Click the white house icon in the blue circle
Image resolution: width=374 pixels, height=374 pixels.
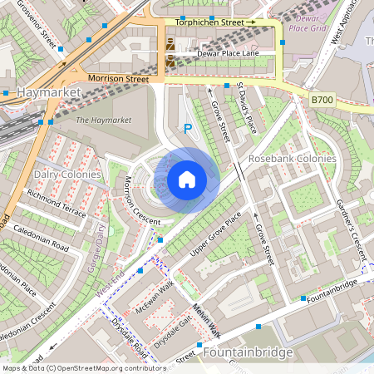[187, 180]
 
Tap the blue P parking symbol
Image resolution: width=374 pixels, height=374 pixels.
[188, 129]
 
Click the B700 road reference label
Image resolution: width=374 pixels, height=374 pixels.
[322, 99]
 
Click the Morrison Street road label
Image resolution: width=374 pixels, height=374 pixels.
[117, 78]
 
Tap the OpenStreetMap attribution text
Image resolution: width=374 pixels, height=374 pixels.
[72, 367]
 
